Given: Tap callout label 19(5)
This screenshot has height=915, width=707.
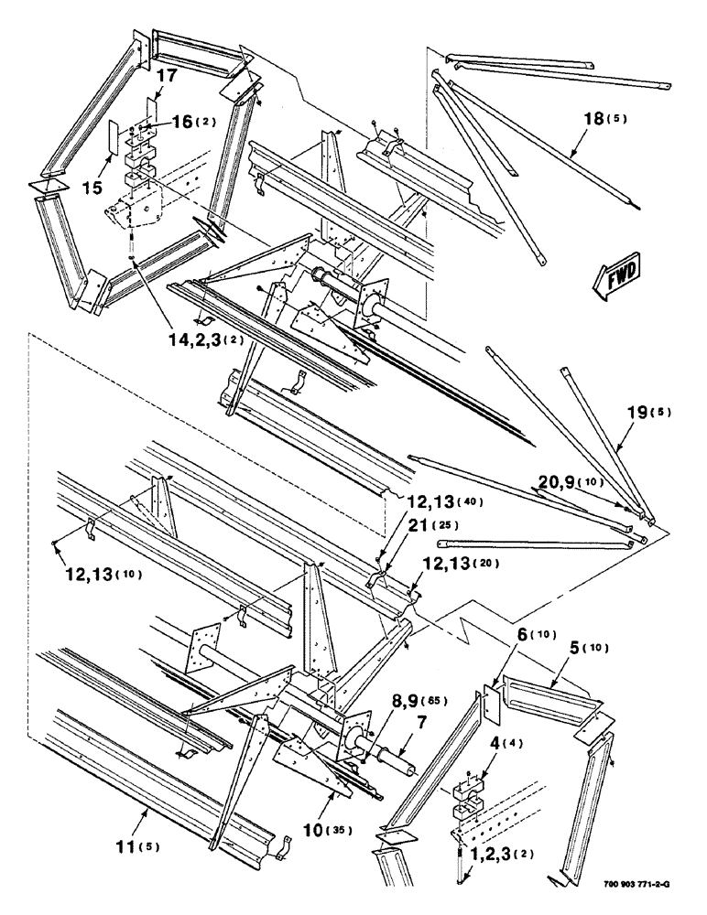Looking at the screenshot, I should click(646, 412).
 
